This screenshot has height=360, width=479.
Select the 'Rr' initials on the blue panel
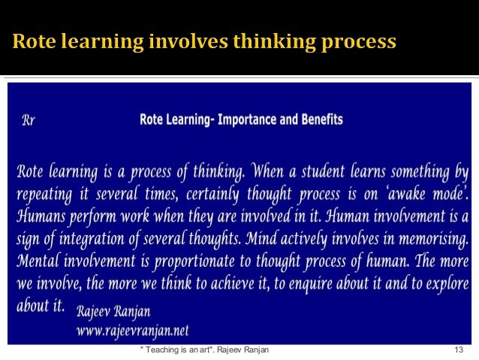27,119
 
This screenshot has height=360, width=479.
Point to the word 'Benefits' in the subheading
318,119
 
